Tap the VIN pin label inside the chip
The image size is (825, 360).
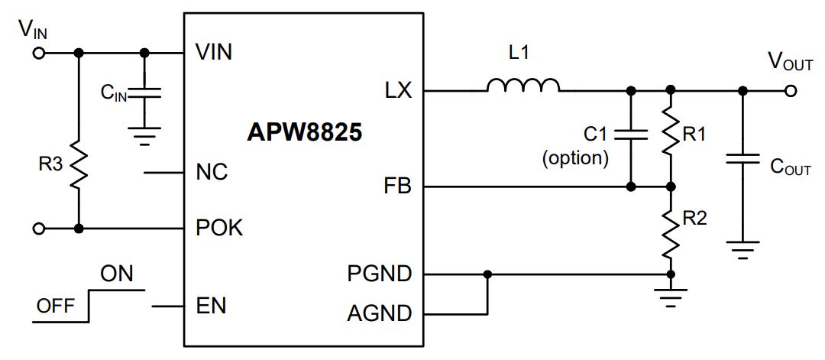tap(214, 52)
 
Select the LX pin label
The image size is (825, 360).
tap(398, 91)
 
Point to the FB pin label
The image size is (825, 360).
tap(398, 186)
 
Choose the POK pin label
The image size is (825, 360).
tap(219, 228)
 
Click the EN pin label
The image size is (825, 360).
tap(211, 306)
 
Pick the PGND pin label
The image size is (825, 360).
tap(380, 274)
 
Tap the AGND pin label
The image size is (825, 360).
tap(380, 314)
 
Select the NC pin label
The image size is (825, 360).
tap(212, 172)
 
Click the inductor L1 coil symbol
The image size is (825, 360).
tap(523, 86)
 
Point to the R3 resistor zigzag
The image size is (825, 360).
tap(79, 165)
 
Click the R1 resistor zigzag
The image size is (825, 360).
tap(671, 129)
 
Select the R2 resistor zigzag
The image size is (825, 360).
tap(671, 232)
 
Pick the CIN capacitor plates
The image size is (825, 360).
tap(144, 93)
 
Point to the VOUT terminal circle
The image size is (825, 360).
tap(790, 91)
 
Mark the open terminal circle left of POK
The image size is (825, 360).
tap(39, 229)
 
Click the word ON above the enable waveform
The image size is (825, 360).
tap(117, 274)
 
